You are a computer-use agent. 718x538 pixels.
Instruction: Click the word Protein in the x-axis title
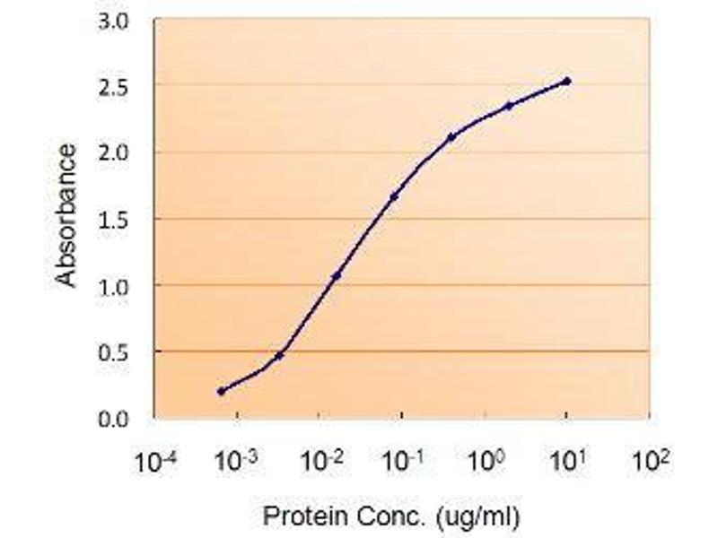(x=295, y=516)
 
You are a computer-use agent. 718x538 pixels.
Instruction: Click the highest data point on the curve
(x=566, y=82)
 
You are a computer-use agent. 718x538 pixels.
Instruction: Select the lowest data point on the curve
(x=222, y=391)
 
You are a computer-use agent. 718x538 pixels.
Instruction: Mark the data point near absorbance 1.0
(x=336, y=275)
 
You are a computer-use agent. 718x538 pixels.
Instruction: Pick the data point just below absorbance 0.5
(x=279, y=355)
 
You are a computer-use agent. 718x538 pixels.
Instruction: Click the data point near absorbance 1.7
(x=393, y=196)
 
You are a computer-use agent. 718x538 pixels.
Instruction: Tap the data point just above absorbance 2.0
(x=451, y=136)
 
